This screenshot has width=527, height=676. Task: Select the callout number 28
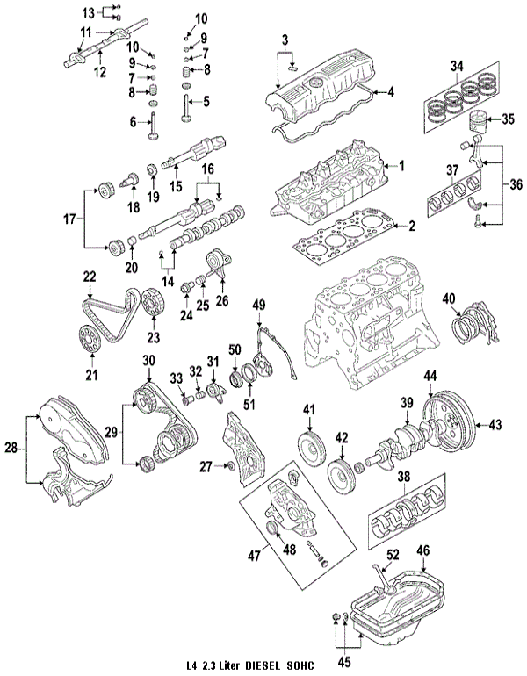tap(11, 448)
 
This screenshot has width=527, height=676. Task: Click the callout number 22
tap(89, 277)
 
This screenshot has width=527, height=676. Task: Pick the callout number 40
tap(450, 298)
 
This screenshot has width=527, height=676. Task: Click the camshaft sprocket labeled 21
tap(85, 337)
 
